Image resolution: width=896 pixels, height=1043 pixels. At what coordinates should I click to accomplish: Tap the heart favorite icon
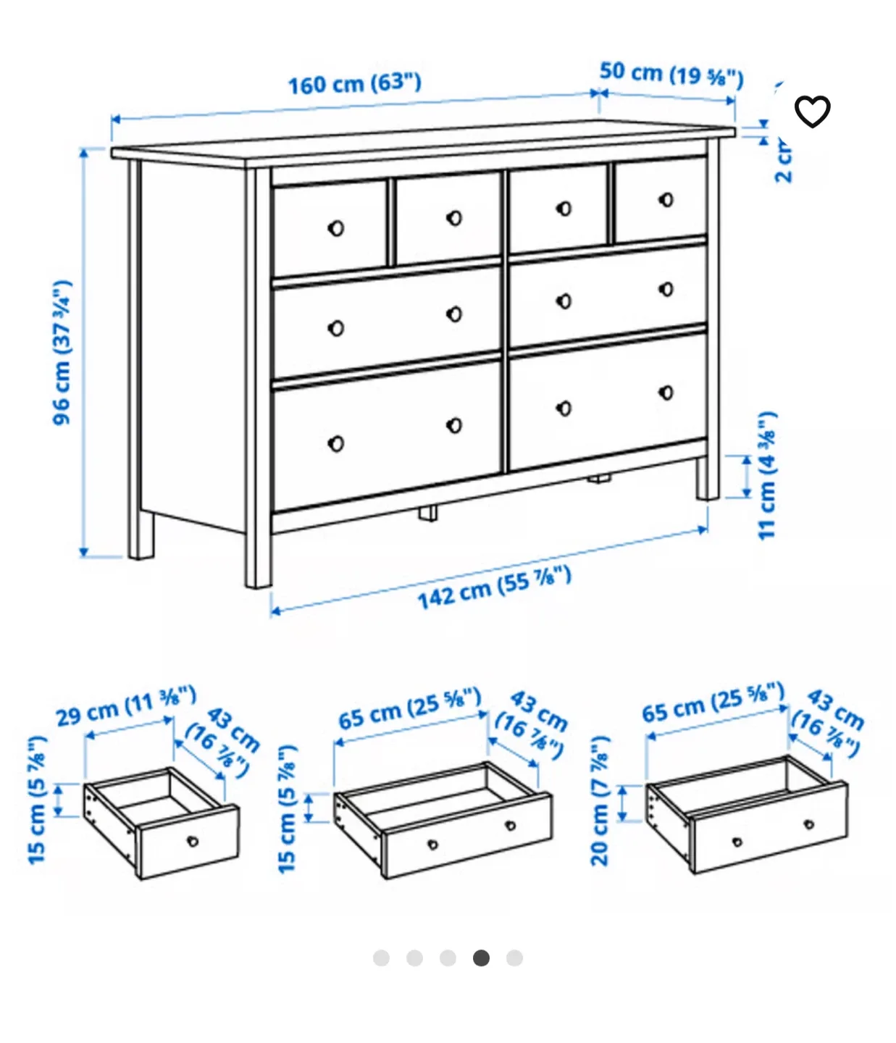[x=812, y=112]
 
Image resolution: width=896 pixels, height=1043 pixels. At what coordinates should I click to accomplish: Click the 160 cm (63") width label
[x=354, y=83]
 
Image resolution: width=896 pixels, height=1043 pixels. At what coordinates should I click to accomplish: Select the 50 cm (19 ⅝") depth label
[x=671, y=74]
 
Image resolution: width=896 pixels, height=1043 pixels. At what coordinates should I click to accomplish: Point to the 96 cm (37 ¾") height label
[x=63, y=353]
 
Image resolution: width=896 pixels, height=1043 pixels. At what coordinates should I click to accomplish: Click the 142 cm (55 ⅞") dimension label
[x=494, y=587]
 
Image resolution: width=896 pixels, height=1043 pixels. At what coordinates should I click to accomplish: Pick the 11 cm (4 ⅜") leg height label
[x=767, y=475]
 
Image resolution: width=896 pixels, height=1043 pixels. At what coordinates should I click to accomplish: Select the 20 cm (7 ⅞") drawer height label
[x=600, y=801]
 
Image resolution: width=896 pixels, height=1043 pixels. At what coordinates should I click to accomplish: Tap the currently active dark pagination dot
[x=481, y=958]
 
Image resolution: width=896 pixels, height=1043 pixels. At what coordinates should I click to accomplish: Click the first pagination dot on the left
[x=381, y=958]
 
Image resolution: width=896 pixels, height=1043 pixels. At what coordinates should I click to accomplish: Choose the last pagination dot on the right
[x=514, y=958]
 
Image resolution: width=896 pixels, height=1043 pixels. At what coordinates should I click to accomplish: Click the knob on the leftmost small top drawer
[x=335, y=228]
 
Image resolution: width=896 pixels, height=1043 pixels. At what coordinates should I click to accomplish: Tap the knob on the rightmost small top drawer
[x=666, y=199]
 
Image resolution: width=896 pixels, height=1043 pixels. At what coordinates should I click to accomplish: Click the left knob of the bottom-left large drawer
[x=335, y=443]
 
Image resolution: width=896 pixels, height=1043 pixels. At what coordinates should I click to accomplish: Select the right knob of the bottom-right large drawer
[x=666, y=393]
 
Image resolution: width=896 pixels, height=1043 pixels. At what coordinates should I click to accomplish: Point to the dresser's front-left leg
[x=258, y=558]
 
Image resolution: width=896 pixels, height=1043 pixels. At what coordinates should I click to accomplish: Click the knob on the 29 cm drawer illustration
[x=192, y=841]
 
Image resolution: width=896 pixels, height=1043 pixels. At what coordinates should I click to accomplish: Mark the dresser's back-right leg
[x=708, y=478]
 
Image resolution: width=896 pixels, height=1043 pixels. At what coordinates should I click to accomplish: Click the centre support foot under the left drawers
[x=427, y=513]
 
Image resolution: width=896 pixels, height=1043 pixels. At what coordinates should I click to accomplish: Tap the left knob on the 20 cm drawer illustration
[x=737, y=842]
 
